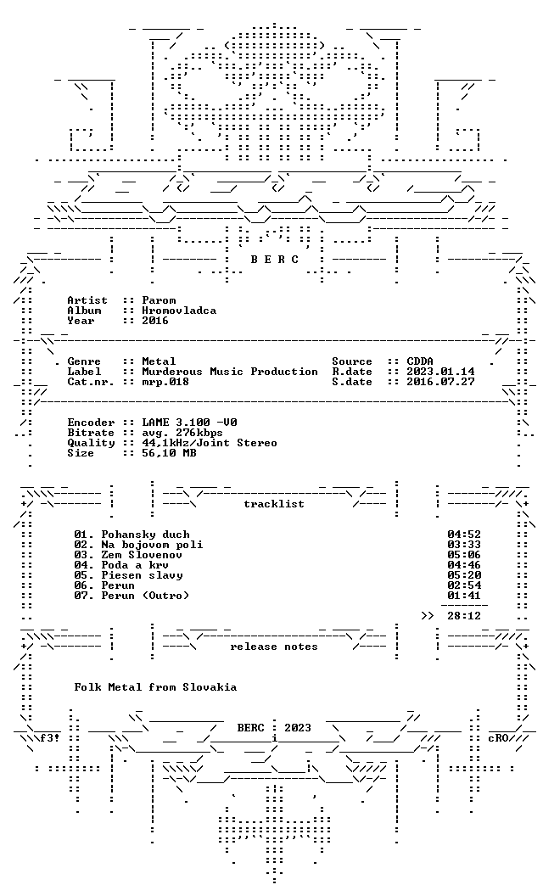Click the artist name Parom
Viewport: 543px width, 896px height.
click(159, 300)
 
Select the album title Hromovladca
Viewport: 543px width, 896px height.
click(180, 311)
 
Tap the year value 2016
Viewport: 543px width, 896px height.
click(155, 321)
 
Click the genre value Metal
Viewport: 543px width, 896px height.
click(159, 361)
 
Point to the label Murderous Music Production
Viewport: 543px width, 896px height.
click(230, 372)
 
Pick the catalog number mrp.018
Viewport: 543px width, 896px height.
click(165, 383)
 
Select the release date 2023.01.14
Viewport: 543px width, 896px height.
click(440, 372)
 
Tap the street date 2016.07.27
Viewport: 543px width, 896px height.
click(440, 383)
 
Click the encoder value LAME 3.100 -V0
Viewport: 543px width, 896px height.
click(190, 423)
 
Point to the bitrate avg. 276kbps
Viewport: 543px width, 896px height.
click(182, 433)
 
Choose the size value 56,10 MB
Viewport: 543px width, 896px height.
click(169, 453)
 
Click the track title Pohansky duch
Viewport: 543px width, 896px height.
click(146, 535)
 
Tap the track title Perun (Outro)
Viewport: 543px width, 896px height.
click(145, 596)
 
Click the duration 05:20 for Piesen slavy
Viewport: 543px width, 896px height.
click(464, 575)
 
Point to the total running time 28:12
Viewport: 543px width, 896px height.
click(464, 616)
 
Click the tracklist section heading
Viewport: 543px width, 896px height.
click(274, 504)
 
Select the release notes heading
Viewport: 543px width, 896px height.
click(274, 647)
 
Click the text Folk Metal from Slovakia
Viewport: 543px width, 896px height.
click(155, 687)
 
